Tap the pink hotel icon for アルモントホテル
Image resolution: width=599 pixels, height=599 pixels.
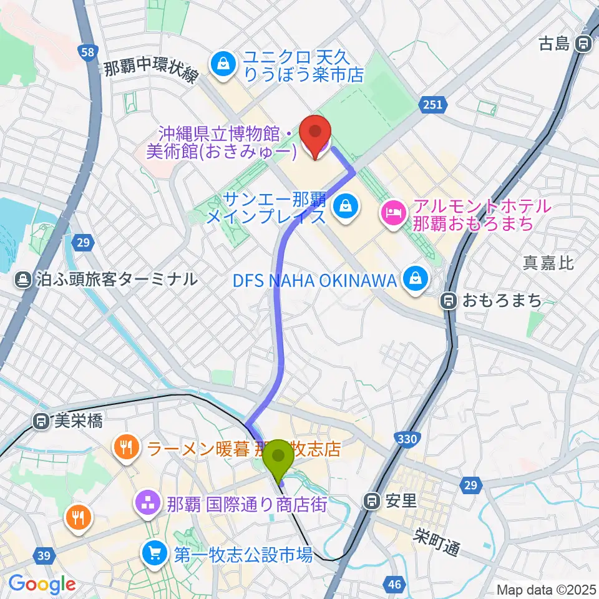393,213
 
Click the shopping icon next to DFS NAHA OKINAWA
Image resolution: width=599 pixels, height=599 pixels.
414,278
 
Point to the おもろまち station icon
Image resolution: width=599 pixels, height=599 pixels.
449,301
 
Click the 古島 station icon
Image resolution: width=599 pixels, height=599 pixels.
583,44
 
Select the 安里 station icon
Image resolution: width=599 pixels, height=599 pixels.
373,500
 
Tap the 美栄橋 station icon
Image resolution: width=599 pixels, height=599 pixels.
41,422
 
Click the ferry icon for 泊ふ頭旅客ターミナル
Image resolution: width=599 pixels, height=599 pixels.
24,279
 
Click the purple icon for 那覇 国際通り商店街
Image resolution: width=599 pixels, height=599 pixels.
148,504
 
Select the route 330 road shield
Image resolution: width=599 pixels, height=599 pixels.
406,439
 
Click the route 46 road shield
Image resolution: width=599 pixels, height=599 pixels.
394,584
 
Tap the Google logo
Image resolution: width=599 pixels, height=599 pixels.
42,585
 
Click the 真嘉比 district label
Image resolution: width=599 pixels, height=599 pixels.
548,263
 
